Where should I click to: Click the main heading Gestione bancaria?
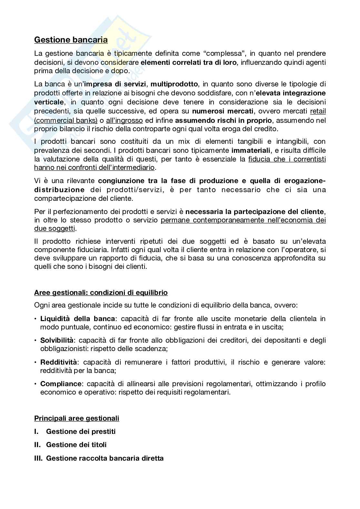click(71, 40)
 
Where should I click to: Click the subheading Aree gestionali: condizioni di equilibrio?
click(101, 293)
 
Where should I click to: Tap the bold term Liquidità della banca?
click(77, 319)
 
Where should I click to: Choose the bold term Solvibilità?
click(57, 340)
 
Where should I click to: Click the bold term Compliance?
click(61, 384)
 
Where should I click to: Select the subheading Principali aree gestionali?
click(77, 418)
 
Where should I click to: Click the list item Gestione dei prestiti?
click(81, 432)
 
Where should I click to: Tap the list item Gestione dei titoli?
click(76, 445)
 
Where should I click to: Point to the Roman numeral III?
click(38, 458)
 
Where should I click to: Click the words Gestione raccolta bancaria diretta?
click(105, 458)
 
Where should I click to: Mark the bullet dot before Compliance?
click(35, 384)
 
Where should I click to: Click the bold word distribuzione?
click(59, 190)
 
